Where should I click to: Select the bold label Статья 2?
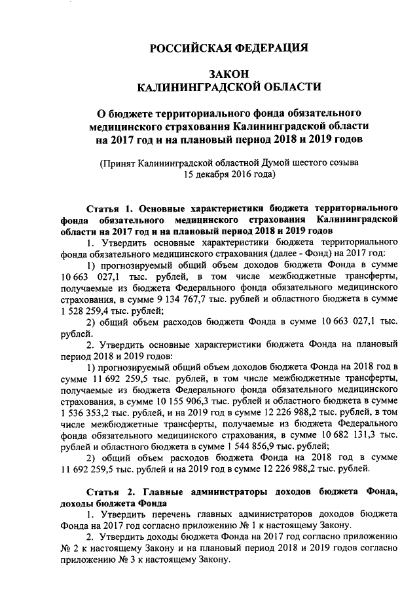111,491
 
